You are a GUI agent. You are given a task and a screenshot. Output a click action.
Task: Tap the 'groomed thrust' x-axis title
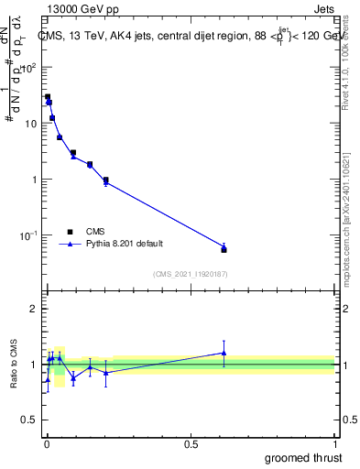pyautogui.click(x=302, y=457)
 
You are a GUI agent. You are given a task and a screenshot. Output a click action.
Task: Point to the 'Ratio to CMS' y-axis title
pyautogui.click(x=15, y=365)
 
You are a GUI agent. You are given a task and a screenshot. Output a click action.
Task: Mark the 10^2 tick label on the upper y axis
pyautogui.click(x=29, y=67)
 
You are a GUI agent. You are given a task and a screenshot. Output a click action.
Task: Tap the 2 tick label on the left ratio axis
pyautogui.click(x=33, y=309)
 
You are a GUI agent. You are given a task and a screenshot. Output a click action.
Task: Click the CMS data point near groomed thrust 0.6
pyautogui.click(x=224, y=249)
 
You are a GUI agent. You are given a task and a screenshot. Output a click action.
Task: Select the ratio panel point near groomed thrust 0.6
pyautogui.click(x=224, y=353)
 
